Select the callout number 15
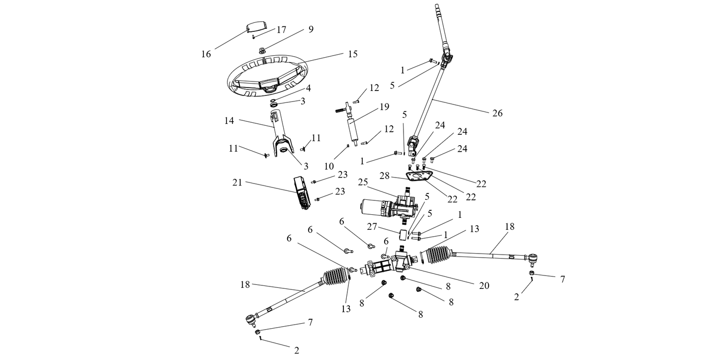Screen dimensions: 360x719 (x=352, y=54)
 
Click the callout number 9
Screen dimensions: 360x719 (x=310, y=29)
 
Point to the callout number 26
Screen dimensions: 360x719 (x=497, y=113)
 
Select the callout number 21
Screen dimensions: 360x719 (x=237, y=182)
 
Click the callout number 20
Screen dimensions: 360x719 (x=484, y=286)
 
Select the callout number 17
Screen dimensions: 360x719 (x=281, y=30)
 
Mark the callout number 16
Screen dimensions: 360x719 (x=206, y=54)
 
